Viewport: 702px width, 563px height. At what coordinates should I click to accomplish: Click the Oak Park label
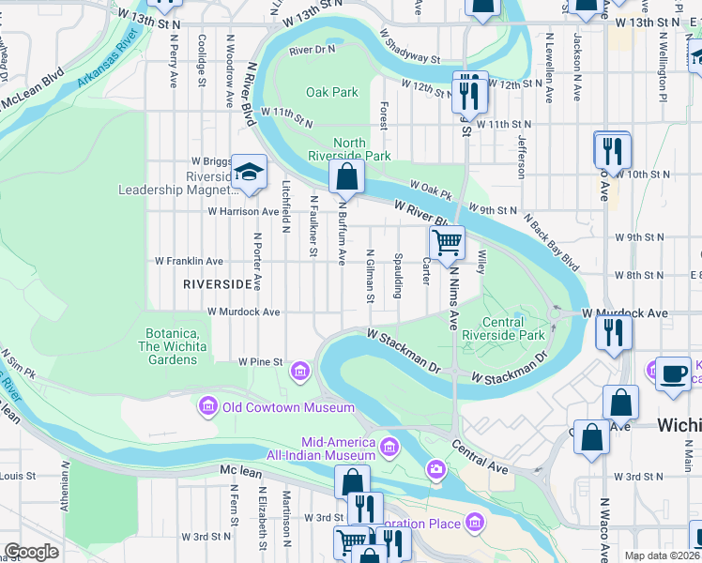pos(332,92)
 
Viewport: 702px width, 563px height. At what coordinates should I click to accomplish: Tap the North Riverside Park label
pos(349,150)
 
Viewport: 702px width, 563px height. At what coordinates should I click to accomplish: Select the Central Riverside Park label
pos(515,328)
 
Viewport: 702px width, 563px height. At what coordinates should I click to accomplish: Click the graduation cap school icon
pos(250,172)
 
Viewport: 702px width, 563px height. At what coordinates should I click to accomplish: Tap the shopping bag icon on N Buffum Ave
pos(346,175)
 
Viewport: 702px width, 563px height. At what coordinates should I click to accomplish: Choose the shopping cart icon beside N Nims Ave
pos(448,242)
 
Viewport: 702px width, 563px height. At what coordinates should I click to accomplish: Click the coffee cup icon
pos(673,373)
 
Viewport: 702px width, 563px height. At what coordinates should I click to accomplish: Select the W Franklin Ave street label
pos(189,261)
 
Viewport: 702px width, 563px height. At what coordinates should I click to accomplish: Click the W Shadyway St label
pos(410,46)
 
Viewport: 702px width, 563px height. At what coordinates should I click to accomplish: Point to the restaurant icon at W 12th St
pos(467,93)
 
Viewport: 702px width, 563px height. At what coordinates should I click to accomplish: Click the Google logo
pos(31,552)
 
